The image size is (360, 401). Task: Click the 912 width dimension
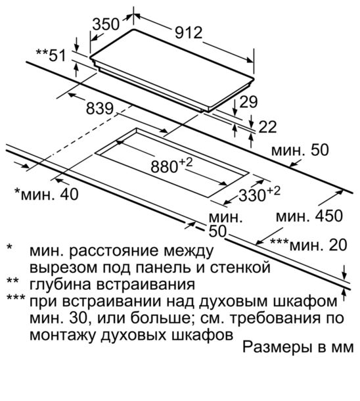click(x=189, y=34)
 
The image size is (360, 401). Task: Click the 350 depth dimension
click(x=106, y=24)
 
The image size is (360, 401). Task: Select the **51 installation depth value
click(x=51, y=55)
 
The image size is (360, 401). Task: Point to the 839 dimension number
click(x=99, y=108)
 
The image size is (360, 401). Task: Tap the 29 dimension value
click(x=248, y=102)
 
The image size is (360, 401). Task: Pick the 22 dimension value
click(x=267, y=127)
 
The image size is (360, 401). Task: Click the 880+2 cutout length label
click(x=171, y=166)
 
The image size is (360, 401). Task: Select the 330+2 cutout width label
click(x=259, y=195)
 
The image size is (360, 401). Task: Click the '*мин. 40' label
click(x=47, y=194)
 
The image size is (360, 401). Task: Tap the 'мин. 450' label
click(x=309, y=216)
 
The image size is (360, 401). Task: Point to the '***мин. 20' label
click(x=309, y=245)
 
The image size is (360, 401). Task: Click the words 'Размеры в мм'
click(x=298, y=347)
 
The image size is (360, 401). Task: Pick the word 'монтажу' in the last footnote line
click(x=63, y=335)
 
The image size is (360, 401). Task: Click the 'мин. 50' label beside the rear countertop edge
click(x=300, y=150)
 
